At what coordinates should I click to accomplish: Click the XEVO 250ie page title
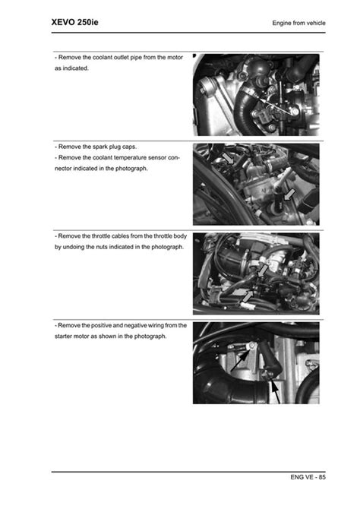[x=74, y=22]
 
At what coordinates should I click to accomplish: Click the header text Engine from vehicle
[x=298, y=23]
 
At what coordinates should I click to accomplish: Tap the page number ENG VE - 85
[x=308, y=477]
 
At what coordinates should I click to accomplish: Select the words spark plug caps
[x=115, y=147]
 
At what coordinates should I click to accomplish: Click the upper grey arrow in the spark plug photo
[x=228, y=158]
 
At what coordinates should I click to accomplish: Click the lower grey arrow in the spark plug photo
[x=289, y=195]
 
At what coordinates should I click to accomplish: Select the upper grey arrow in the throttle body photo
[x=263, y=270]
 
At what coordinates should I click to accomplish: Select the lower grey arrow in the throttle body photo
[x=247, y=296]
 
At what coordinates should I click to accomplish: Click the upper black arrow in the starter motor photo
[x=240, y=361]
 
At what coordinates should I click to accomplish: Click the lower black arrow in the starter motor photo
[x=275, y=392]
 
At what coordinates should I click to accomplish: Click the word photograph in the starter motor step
[x=150, y=337]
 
